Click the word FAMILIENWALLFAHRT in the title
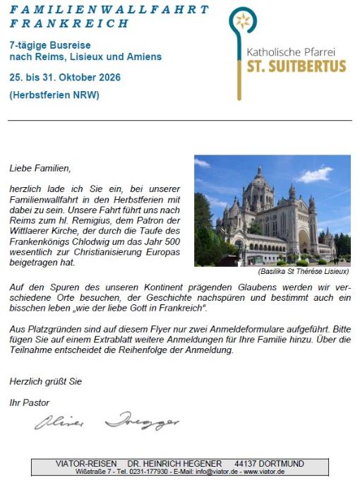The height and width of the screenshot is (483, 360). pyautogui.click(x=109, y=10)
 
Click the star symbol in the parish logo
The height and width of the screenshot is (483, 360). pyautogui.click(x=243, y=22)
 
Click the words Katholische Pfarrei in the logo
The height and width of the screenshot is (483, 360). pyautogui.click(x=295, y=52)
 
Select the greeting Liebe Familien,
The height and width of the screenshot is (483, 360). pyautogui.click(x=40, y=169)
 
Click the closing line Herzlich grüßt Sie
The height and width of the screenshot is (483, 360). pyautogui.click(x=45, y=381)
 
